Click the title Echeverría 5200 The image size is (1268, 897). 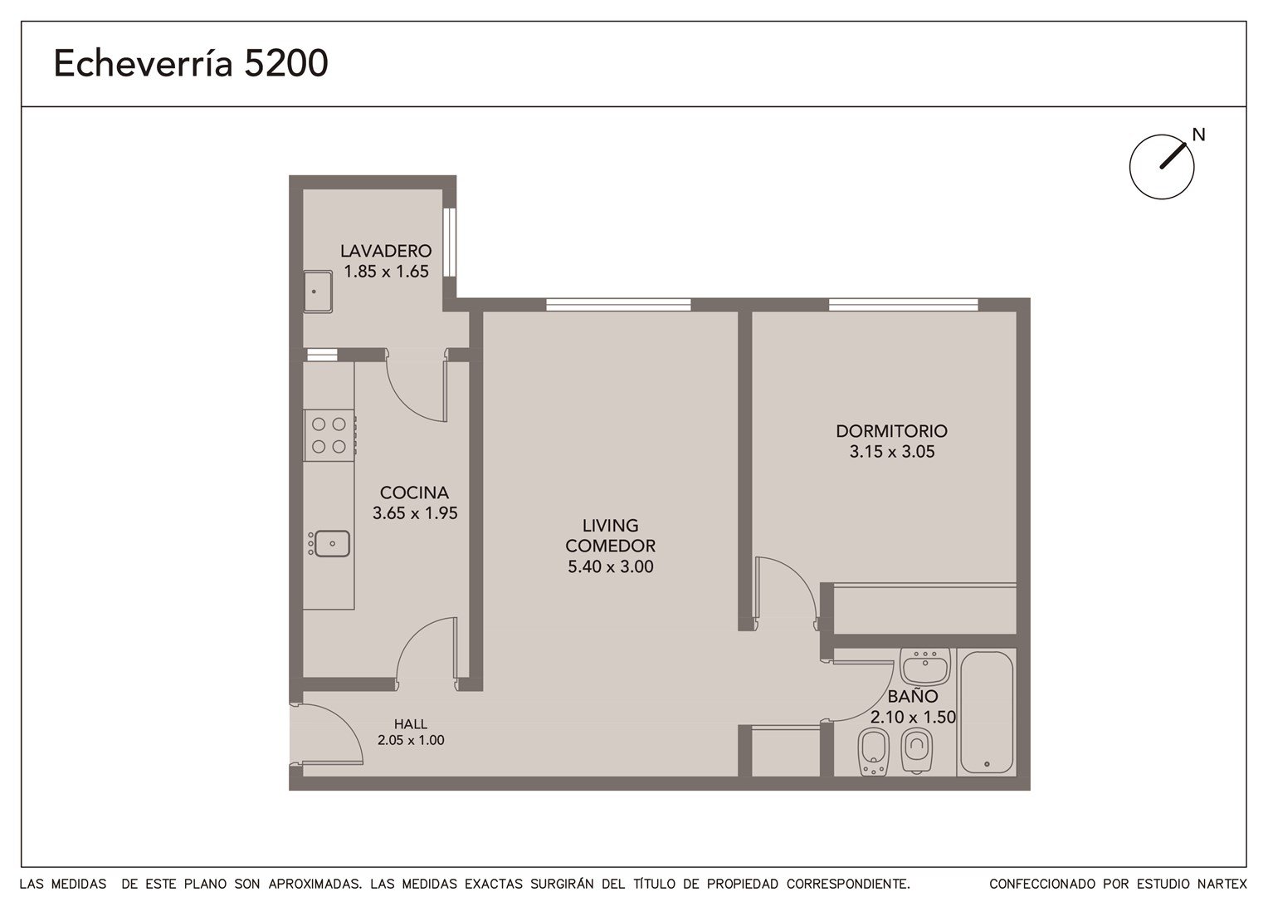coord(191,63)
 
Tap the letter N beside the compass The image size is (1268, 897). coord(1198,135)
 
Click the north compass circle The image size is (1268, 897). coord(1162,167)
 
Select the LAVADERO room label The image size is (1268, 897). coord(386,251)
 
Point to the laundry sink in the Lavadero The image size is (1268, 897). coord(318,292)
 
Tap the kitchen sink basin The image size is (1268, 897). coord(331,543)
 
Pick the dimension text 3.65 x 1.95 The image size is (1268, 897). coord(415,512)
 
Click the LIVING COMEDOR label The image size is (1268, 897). coord(610,536)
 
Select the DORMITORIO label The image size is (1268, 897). coord(891,431)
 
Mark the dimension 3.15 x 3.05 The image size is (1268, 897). coord(891,452)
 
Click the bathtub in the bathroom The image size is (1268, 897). coord(987,713)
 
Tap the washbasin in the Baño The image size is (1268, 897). coord(925,666)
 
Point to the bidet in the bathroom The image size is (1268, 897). coord(874,752)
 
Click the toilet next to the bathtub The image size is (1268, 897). coord(916,750)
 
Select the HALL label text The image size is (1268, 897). coord(411,723)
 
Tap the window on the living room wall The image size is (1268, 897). coord(618,305)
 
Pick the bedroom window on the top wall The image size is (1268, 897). coord(904,305)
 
